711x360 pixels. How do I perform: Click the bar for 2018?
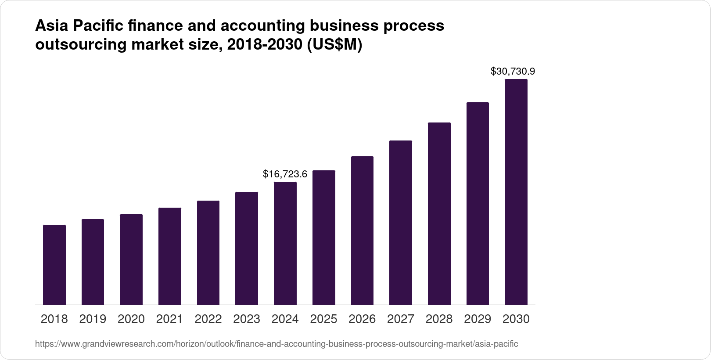click(x=54, y=265)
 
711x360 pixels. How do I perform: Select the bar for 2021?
click(x=170, y=256)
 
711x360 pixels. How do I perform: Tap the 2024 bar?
click(x=285, y=243)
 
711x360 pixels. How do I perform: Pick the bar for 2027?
click(x=401, y=223)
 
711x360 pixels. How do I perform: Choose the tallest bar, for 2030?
click(x=516, y=192)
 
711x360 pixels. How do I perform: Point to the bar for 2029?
click(x=478, y=203)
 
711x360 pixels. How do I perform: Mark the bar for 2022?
click(x=208, y=252)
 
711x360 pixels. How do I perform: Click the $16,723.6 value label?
click(x=285, y=174)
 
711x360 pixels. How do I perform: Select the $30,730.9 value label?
click(x=513, y=71)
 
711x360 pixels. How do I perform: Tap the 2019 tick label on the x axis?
click(x=93, y=319)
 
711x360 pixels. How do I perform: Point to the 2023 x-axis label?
click(x=247, y=319)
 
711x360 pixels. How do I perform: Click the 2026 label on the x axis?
click(x=362, y=319)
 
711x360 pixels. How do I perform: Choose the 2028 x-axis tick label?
click(x=439, y=319)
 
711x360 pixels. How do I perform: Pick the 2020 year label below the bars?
click(x=131, y=319)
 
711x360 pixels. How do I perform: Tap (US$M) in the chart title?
click(x=334, y=45)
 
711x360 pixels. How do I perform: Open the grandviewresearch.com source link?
click(x=276, y=344)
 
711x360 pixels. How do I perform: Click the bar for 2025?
click(x=324, y=238)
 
